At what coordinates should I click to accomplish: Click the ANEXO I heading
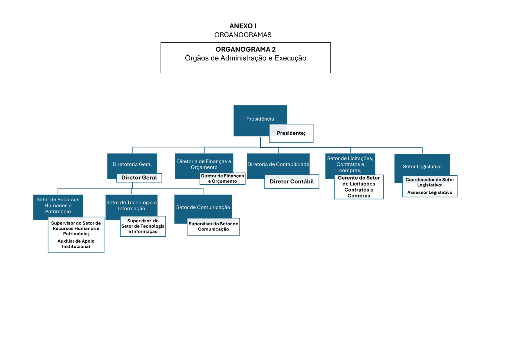tap(243, 26)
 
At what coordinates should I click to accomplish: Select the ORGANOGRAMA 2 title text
tap(245, 49)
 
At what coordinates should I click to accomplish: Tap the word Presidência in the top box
tap(260, 119)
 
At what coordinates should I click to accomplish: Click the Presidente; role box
tap(291, 133)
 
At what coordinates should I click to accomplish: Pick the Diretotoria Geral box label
tap(132, 164)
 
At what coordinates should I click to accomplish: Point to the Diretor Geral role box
tap(139, 178)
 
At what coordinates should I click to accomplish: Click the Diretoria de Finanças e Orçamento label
tap(204, 164)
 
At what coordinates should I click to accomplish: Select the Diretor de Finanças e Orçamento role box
tap(222, 179)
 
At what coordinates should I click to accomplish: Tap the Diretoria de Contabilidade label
tap(278, 164)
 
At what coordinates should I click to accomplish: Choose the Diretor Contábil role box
tap(292, 182)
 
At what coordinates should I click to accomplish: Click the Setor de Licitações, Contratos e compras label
tap(350, 164)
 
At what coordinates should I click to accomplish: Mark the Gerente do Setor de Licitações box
tap(359, 187)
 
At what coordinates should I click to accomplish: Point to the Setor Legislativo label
tap(422, 167)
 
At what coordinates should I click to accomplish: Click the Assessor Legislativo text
tap(430, 192)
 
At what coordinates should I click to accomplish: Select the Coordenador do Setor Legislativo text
tap(430, 182)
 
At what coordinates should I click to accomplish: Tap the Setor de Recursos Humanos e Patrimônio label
tap(58, 206)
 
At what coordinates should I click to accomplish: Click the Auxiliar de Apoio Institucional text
tap(76, 244)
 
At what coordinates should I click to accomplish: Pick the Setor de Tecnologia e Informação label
tap(131, 206)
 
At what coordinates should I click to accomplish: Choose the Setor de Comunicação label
tap(203, 207)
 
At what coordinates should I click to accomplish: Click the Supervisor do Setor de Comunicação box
tap(213, 226)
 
